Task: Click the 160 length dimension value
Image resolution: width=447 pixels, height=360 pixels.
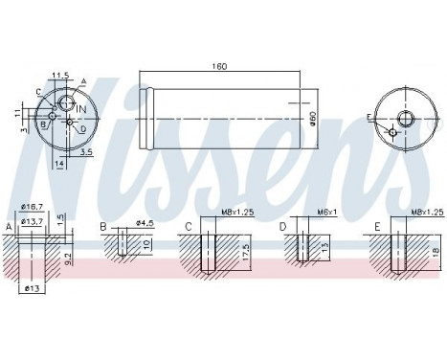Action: tap(219, 66)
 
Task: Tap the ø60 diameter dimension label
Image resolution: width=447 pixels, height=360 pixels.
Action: tap(313, 119)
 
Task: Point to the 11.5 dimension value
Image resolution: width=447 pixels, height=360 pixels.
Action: tap(60, 76)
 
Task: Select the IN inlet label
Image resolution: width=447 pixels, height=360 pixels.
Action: tap(81, 109)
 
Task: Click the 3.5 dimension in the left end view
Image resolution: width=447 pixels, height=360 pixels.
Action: tap(86, 152)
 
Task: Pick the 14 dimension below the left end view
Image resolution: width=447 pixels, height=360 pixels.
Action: tap(59, 164)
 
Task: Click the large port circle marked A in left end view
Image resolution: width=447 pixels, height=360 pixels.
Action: tap(67, 102)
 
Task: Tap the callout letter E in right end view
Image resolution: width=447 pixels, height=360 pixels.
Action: tap(369, 118)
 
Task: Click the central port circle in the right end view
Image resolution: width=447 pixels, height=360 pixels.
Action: tap(406, 119)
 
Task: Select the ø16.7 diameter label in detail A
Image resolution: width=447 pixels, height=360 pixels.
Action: tap(32, 207)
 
